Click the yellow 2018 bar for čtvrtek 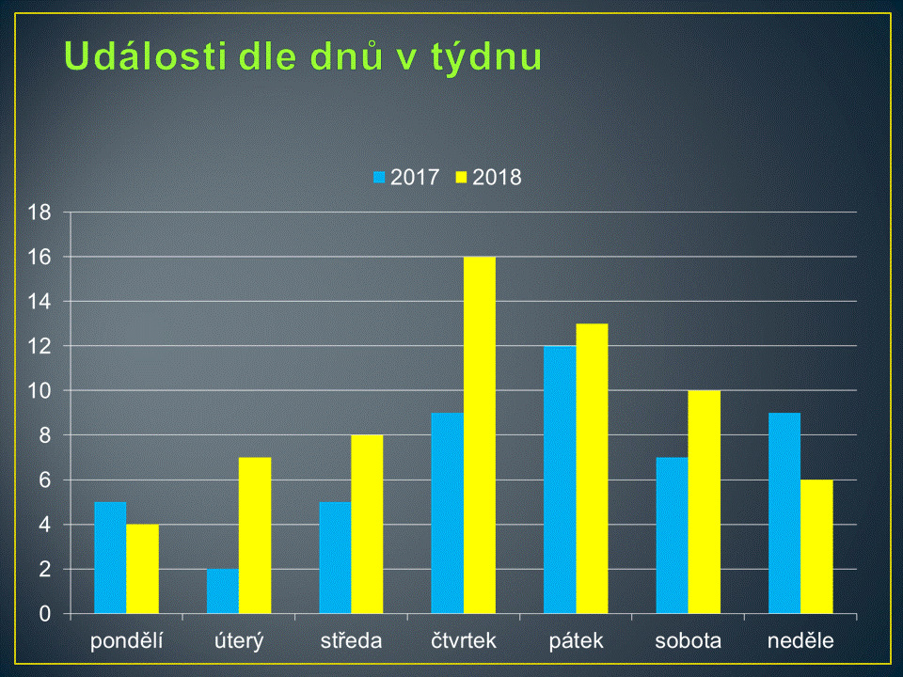coord(479,435)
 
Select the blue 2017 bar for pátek coord(560,480)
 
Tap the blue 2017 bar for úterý coord(223,591)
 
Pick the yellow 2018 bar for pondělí coord(142,569)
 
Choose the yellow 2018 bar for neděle coord(816,547)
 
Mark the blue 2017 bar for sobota coord(672,535)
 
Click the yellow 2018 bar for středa coord(367,525)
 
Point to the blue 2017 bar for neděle coord(784,513)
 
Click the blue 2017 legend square coord(379,178)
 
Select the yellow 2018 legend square coord(461,178)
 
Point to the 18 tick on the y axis coord(40,213)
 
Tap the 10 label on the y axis coord(40,391)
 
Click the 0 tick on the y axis coord(45,614)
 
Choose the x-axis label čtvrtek coord(464,640)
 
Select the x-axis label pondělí coord(127,640)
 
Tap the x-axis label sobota coord(689,640)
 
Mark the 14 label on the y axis coord(40,302)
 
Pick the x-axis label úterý coord(239,640)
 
